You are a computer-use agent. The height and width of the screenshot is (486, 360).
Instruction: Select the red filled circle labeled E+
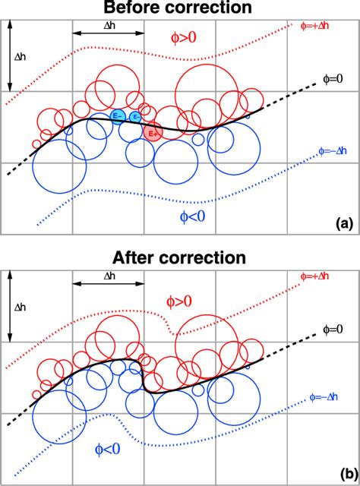coord(152,132)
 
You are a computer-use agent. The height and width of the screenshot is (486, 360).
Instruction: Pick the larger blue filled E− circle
coord(118,116)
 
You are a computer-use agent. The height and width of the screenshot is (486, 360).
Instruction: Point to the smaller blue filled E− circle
coord(134,117)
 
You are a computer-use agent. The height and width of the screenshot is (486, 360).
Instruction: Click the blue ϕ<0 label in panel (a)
coord(188,216)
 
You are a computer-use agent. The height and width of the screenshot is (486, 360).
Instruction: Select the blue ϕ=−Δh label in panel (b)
coord(331,396)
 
